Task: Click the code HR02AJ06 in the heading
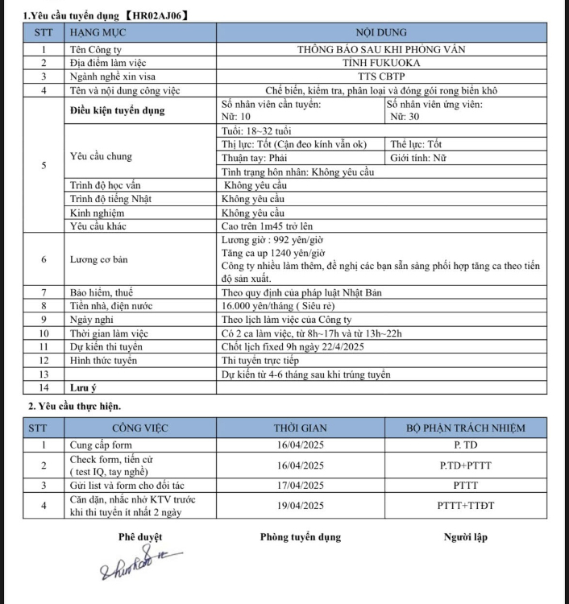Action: [159, 14]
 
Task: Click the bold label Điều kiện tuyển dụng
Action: [117, 110]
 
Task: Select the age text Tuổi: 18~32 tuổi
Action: [256, 130]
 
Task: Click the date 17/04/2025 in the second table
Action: [300, 485]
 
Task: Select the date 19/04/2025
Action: [300, 506]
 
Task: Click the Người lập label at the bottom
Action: [465, 537]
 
